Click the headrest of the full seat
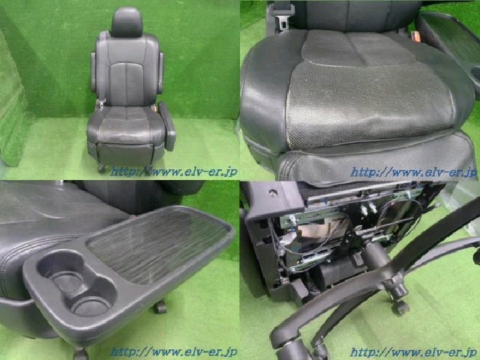tap(127, 23)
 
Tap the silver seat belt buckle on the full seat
tap(101, 103)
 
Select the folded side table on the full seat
tap(167, 126)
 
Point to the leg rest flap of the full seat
tap(125, 155)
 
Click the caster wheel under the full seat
tap(101, 168)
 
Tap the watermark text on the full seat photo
tap(173, 172)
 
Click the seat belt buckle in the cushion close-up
tap(283, 18)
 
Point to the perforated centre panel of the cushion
tap(367, 105)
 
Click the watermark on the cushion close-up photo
tap(413, 172)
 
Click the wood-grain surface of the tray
tap(158, 245)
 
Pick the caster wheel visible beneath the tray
tap(159, 307)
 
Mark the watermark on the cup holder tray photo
tap(173, 352)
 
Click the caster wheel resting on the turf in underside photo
tap(400, 307)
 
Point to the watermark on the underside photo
tap(413, 352)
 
